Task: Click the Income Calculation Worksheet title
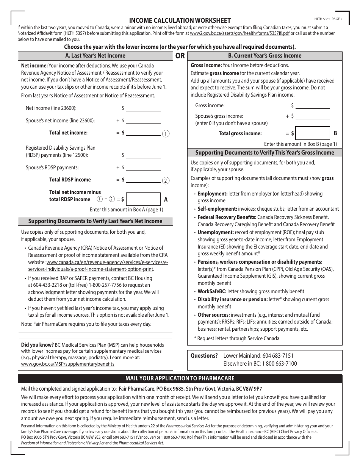click(180, 20)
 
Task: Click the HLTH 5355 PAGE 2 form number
click(328, 19)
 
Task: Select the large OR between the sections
click(180, 56)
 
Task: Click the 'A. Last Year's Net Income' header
click(95, 56)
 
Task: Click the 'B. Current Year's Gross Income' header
click(265, 56)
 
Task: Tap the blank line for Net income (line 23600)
click(143, 108)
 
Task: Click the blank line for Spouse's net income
click(143, 121)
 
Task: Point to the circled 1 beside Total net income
click(166, 133)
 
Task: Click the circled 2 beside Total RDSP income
click(166, 180)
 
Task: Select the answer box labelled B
click(312, 133)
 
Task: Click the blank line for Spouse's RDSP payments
click(143, 168)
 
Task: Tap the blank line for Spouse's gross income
click(312, 117)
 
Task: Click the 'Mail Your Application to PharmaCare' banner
click(180, 378)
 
